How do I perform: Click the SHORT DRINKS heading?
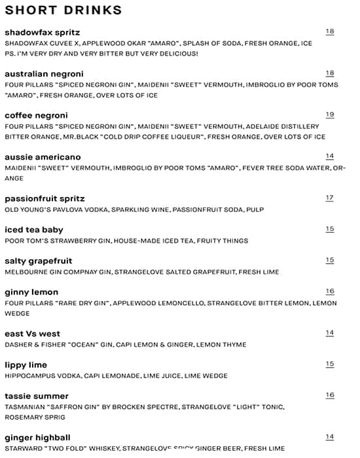click(x=63, y=10)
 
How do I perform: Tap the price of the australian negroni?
click(x=330, y=73)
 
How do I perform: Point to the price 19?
click(x=330, y=114)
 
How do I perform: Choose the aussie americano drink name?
click(x=43, y=157)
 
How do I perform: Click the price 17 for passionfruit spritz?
click(x=330, y=198)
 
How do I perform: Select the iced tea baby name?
click(x=34, y=229)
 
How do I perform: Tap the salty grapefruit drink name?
click(x=38, y=260)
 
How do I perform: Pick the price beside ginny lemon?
click(x=330, y=291)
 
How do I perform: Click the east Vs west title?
click(x=32, y=334)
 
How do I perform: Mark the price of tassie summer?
click(x=330, y=395)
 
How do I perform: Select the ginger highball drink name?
click(x=37, y=437)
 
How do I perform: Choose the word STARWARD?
click(x=22, y=448)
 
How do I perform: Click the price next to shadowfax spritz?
click(x=330, y=31)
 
